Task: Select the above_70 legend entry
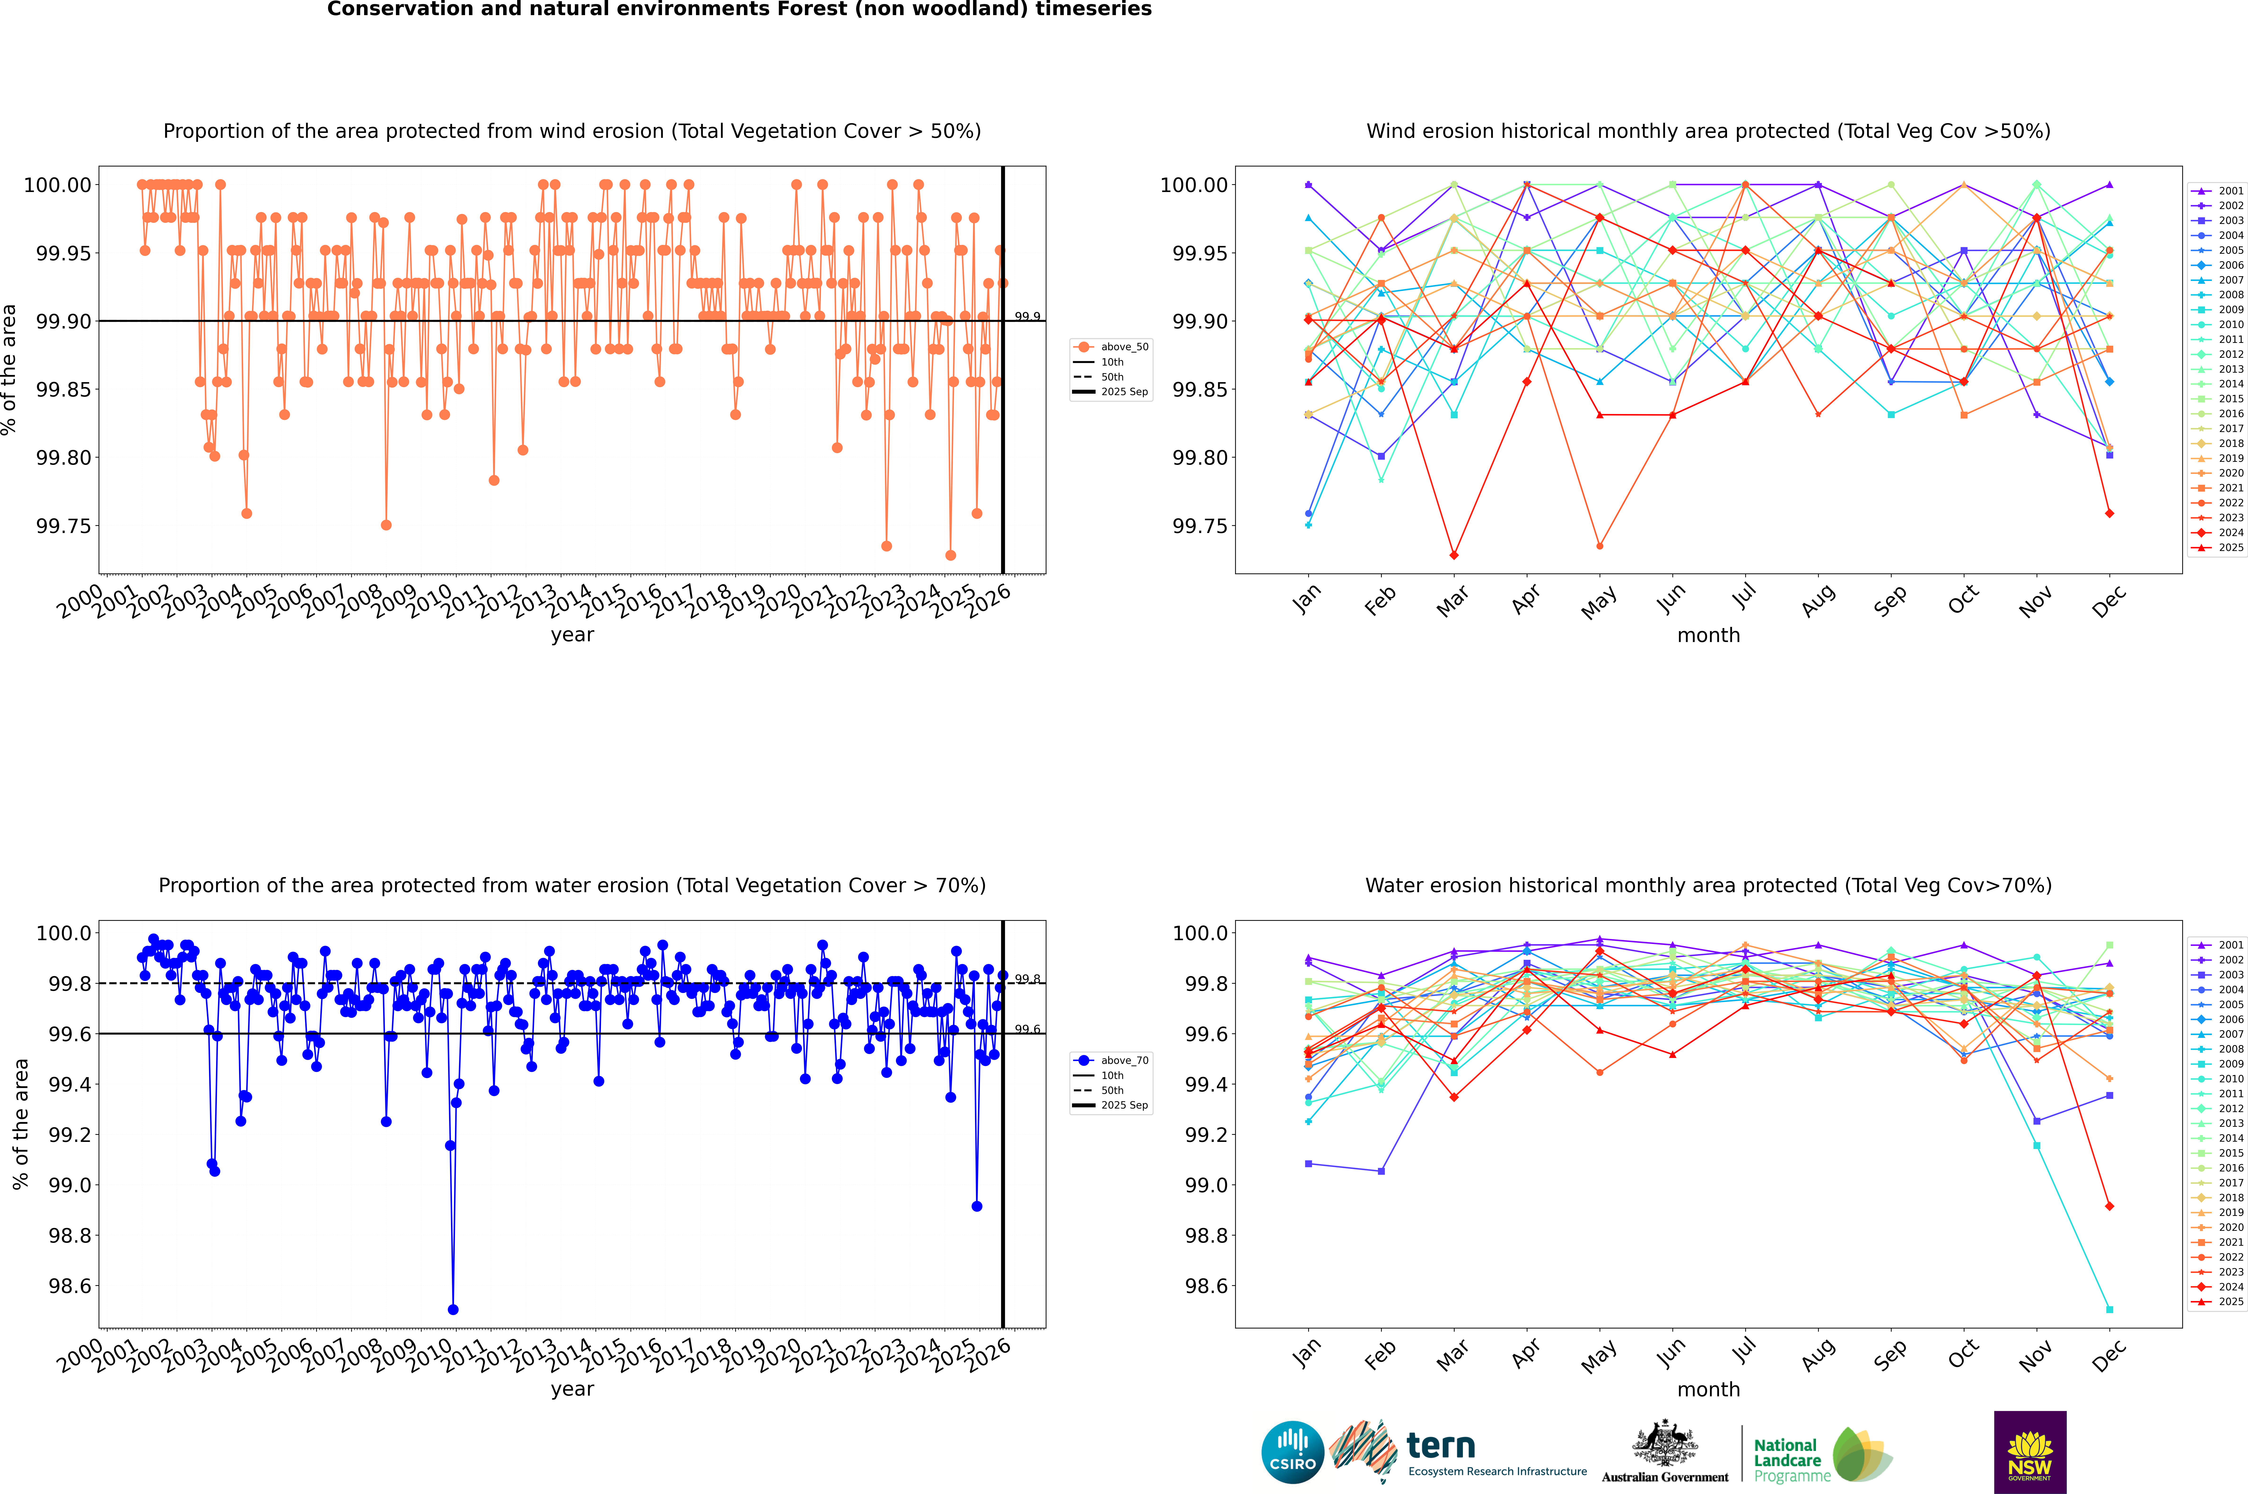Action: coord(1111,1060)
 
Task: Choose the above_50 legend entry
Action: coord(1111,347)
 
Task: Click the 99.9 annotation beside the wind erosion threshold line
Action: coord(1027,316)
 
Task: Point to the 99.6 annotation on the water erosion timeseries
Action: coord(1027,1029)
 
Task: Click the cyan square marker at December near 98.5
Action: coord(2109,1309)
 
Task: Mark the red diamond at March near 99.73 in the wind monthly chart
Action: coord(1453,555)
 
